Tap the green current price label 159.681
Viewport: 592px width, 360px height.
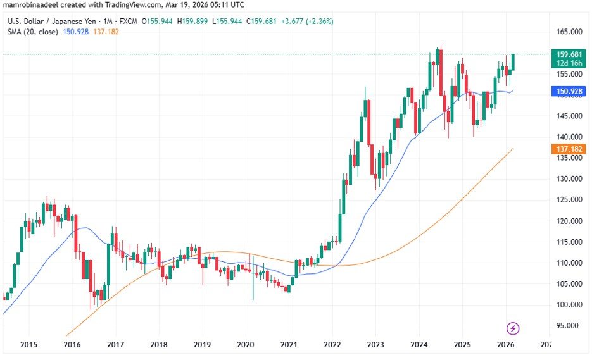click(569, 54)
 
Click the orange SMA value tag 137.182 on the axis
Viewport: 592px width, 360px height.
click(569, 148)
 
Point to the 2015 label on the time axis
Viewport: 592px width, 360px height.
click(28, 345)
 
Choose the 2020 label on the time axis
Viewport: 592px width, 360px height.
click(245, 345)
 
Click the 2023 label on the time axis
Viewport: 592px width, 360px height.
click(375, 345)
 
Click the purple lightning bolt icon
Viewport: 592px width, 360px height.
click(513, 328)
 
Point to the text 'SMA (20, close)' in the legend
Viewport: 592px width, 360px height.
click(33, 32)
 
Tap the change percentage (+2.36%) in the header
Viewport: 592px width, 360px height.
click(318, 21)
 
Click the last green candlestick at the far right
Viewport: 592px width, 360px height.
click(513, 62)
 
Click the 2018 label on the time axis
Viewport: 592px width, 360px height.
click(158, 345)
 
